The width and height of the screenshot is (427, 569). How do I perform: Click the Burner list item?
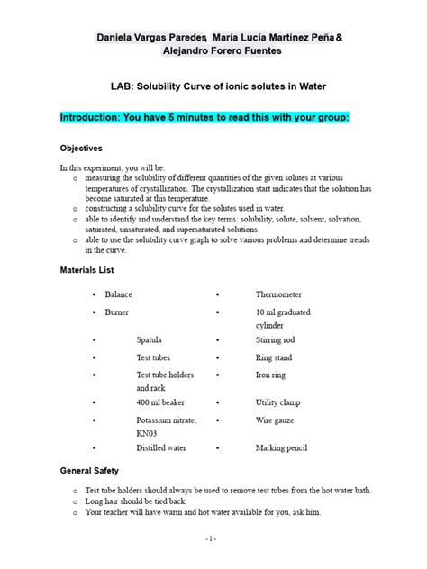tap(116, 312)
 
